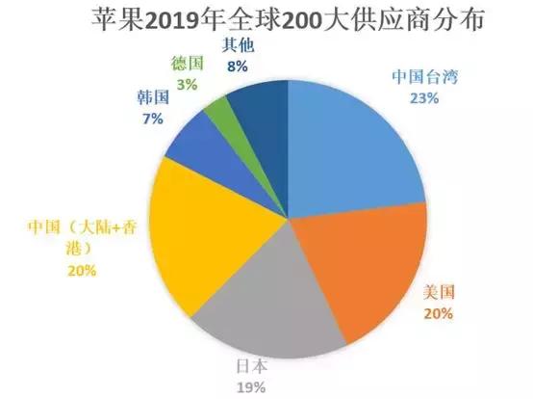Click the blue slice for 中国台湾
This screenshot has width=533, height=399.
pyautogui.click(x=351, y=154)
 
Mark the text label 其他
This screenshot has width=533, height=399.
pyautogui.click(x=238, y=45)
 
